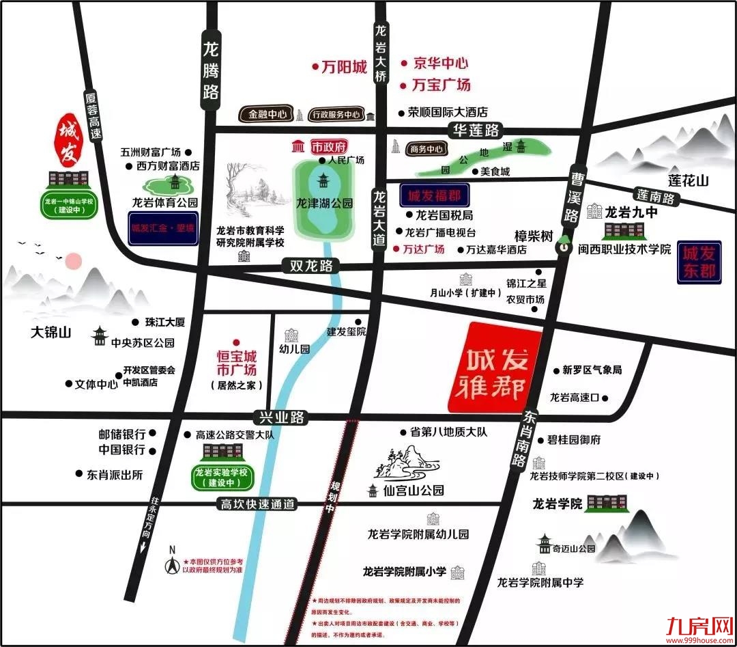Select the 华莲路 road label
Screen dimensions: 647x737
(474, 130)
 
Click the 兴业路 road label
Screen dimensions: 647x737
(279, 417)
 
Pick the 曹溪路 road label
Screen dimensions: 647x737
(571, 198)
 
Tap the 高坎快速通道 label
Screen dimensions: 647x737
(257, 504)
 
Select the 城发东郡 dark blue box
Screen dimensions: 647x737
(699, 262)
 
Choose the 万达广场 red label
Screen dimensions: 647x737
(423, 249)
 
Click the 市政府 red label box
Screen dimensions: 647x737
(329, 147)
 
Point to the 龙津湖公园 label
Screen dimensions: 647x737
(325, 203)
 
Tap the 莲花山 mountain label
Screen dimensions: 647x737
(689, 181)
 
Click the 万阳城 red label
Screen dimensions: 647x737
(344, 67)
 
